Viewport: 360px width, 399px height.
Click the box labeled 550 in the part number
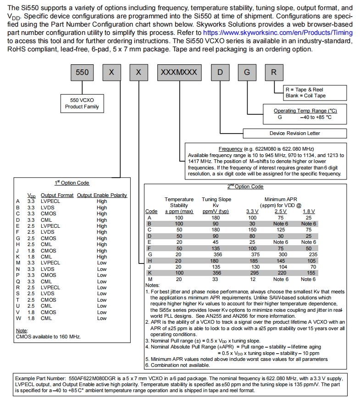[x=82, y=73]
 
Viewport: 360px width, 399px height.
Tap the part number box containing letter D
[x=221, y=73]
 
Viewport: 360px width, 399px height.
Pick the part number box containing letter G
[x=247, y=73]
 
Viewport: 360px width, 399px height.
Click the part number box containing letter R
[x=274, y=73]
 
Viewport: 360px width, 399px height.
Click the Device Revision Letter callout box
[x=294, y=133]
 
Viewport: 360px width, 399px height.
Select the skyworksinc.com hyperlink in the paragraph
[x=278, y=33]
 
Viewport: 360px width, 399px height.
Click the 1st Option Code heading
[x=72, y=183]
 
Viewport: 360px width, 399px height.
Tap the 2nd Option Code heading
[x=245, y=187]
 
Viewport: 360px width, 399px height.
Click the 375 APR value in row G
[x=253, y=254]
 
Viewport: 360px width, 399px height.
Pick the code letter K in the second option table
[x=149, y=273]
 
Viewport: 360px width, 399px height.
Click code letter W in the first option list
[x=18, y=318]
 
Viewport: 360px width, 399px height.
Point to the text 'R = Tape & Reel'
[x=304, y=90]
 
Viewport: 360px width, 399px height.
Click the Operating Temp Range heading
[x=305, y=111]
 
